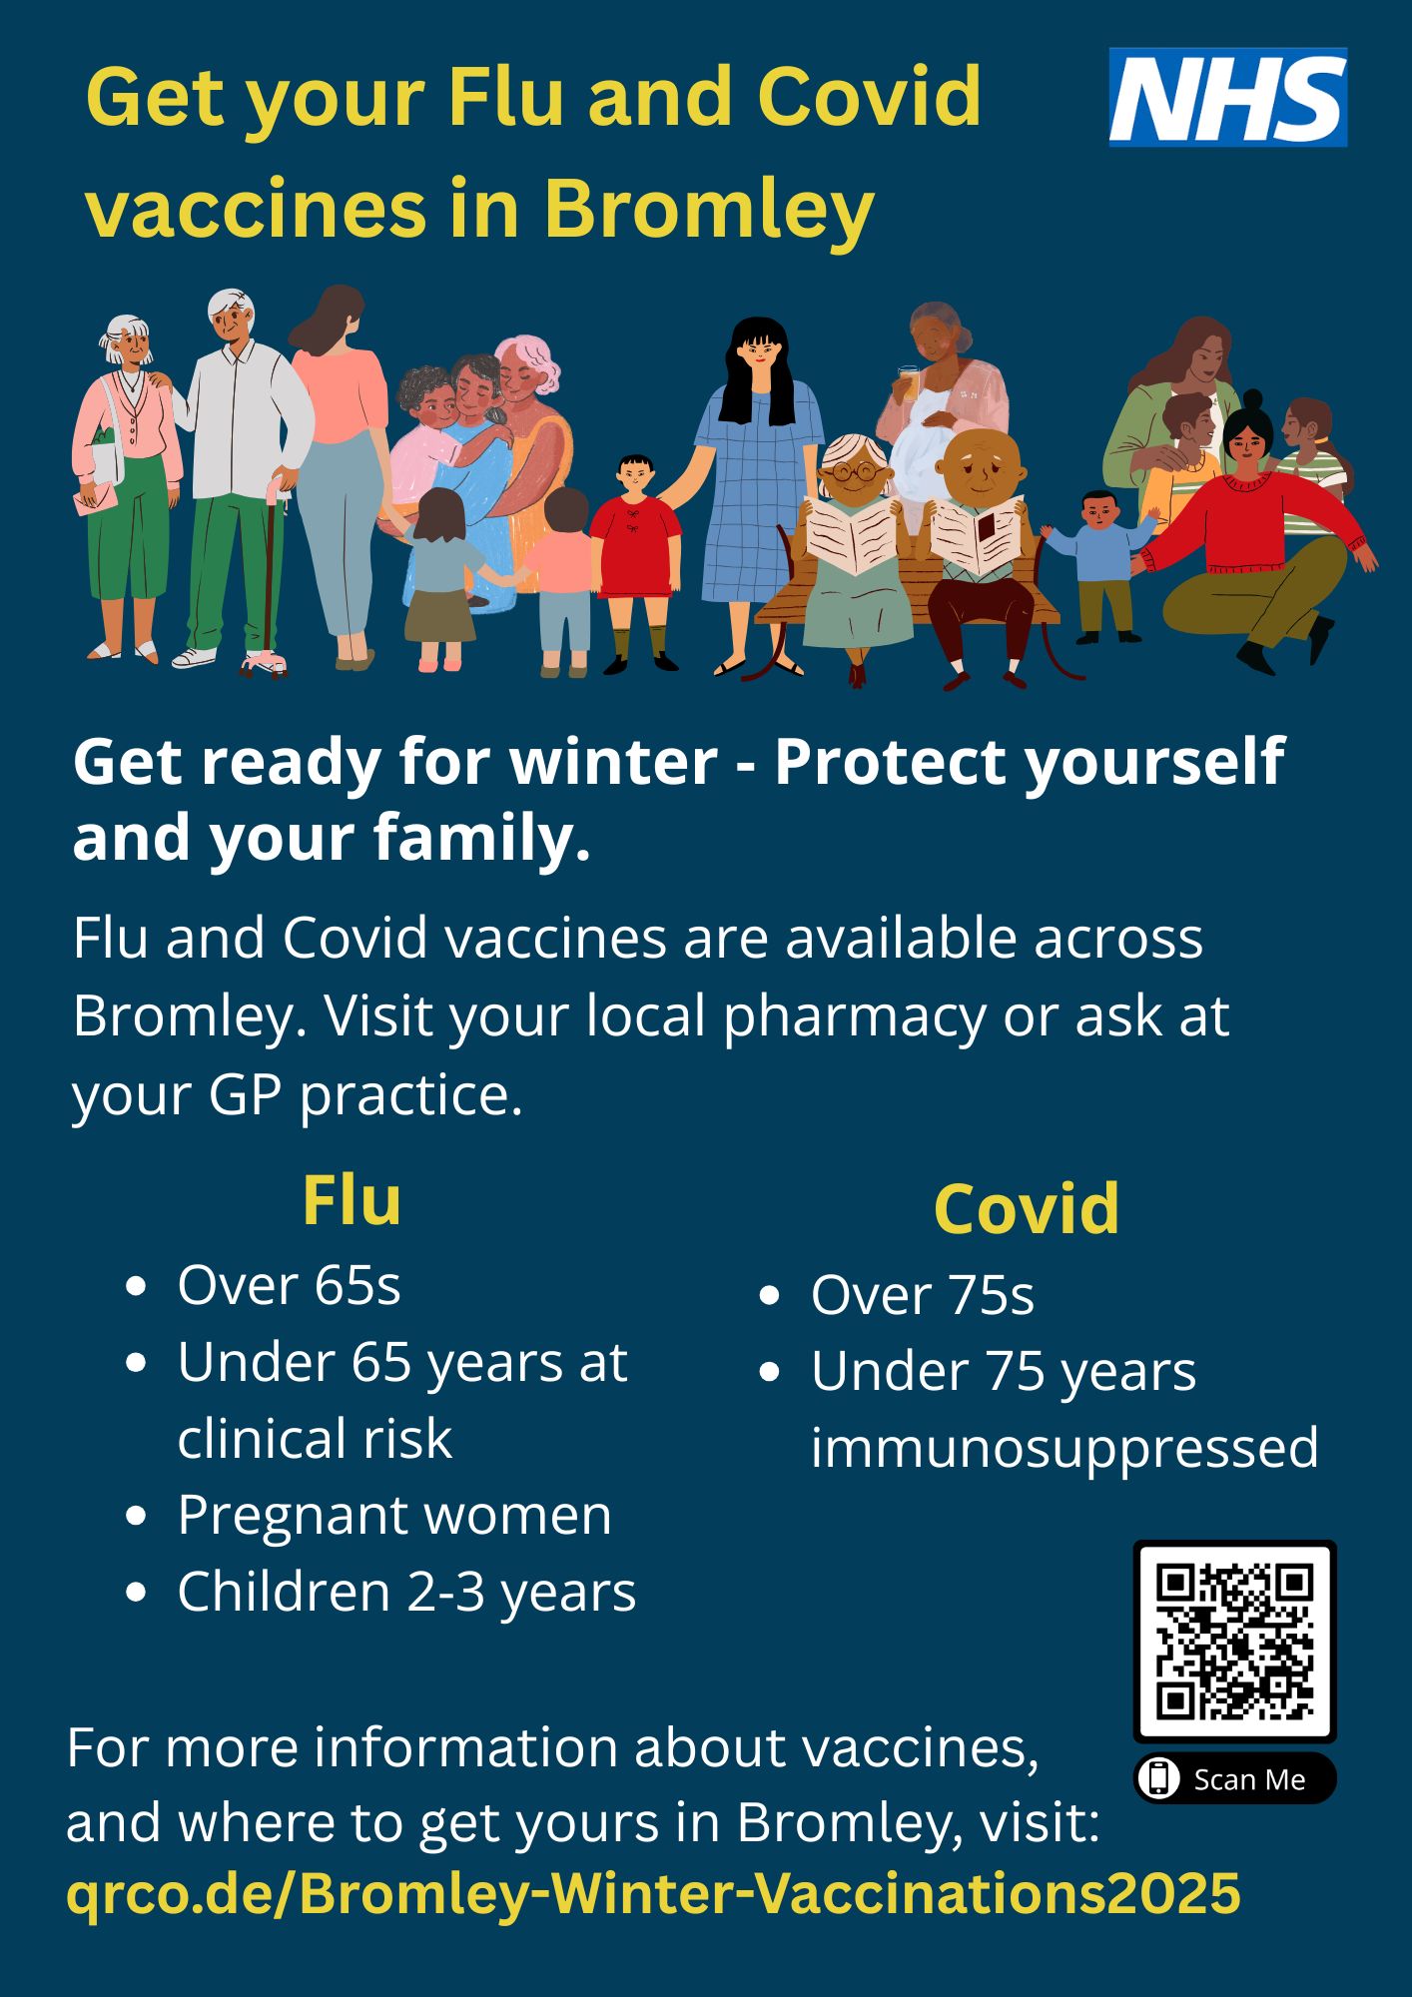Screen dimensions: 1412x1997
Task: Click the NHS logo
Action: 1228,98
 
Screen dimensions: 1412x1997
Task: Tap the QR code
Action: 1234,1642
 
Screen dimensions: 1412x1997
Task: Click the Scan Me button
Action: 1234,1778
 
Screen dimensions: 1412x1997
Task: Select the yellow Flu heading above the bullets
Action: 352,1200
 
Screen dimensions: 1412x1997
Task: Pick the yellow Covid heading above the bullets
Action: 1027,1209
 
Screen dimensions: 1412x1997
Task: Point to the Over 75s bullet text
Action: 922,1295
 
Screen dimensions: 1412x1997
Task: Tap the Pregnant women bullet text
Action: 394,1515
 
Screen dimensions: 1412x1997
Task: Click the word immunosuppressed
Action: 1064,1449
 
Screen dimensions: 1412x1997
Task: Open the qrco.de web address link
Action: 653,1892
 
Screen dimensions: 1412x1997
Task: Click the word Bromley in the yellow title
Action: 709,212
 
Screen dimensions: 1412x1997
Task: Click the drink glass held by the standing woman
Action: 907,382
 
